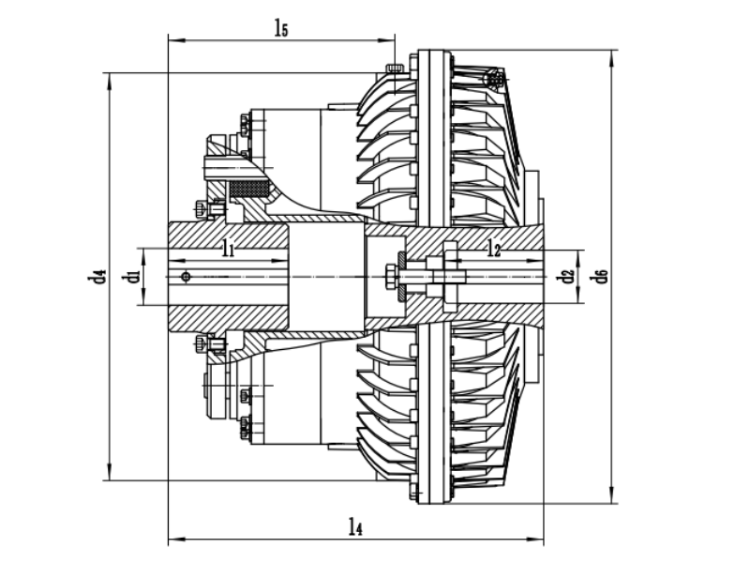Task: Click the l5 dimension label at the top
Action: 280,27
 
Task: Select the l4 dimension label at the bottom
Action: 353,527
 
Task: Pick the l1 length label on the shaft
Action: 228,249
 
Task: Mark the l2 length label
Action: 495,249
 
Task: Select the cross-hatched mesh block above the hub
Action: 251,189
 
